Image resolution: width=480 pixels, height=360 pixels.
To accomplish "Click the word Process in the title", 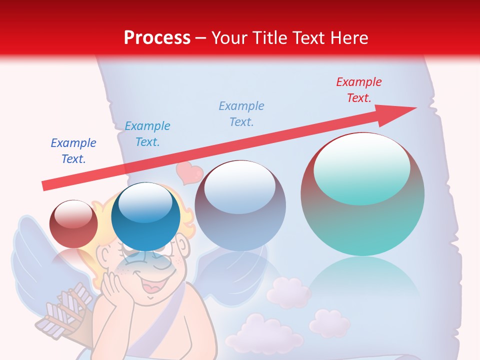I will (x=157, y=38).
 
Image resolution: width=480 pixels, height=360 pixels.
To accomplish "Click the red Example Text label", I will (x=358, y=90).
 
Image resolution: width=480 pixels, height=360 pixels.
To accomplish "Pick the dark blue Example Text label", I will (x=73, y=151).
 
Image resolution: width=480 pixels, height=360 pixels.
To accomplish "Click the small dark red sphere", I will (x=73, y=223).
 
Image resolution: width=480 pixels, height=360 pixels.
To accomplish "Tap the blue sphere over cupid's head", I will (x=145, y=216).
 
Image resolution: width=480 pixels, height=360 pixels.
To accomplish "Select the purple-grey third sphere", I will (x=240, y=205).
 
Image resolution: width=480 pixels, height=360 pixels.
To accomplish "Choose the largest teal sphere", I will (x=362, y=195).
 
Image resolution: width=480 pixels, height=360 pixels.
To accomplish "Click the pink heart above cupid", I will (x=189, y=173).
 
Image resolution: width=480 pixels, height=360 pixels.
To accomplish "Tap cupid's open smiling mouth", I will (x=152, y=289).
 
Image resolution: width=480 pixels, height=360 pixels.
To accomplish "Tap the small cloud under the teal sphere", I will (x=329, y=322).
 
